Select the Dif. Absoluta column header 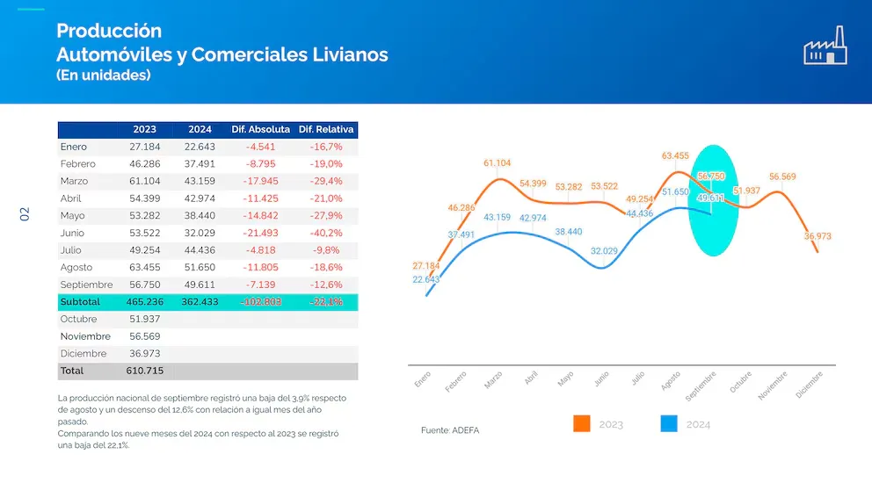(260, 129)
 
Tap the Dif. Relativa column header (326, 129)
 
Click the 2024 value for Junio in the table (200, 233)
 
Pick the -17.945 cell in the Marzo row (262, 181)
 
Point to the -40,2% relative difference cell (326, 233)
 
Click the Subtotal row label (80, 301)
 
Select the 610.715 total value (145, 371)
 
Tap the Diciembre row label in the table (84, 353)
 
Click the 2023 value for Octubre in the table (145, 319)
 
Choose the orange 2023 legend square (581, 423)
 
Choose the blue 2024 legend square (669, 423)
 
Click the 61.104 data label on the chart (497, 163)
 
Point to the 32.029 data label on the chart (604, 250)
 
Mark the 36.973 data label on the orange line (817, 236)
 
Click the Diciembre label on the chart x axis (810, 386)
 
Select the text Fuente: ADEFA (450, 430)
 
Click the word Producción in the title (109, 32)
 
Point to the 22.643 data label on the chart (425, 279)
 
